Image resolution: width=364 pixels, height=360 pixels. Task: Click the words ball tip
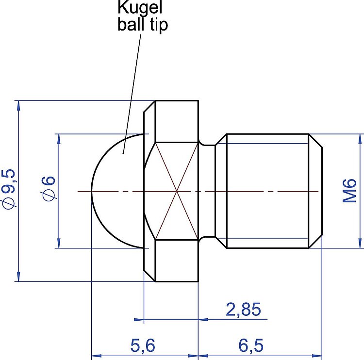point(143,24)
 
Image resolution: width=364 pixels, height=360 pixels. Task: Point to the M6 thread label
point(350,191)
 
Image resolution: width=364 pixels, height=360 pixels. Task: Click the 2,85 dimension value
point(243,310)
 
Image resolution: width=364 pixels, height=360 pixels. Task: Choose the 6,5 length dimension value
point(251,345)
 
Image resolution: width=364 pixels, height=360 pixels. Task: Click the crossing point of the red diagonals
point(177,191)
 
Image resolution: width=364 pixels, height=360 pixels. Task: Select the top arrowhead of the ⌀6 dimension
point(58,137)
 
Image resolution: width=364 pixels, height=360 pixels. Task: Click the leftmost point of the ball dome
point(92,191)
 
